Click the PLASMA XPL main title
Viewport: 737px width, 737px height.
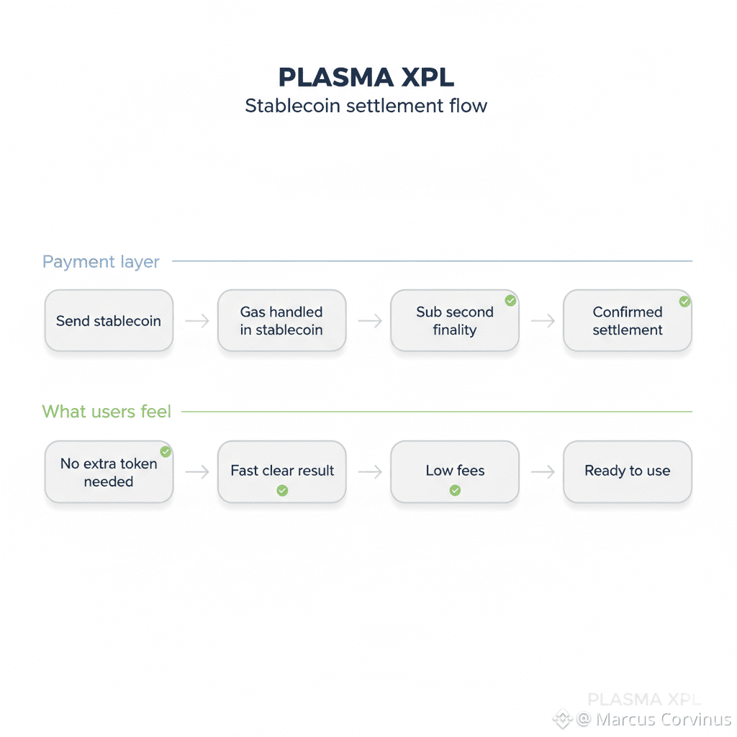[x=366, y=77]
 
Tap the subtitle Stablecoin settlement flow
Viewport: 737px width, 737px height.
[x=366, y=106]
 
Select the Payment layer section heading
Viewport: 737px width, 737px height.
[x=101, y=262]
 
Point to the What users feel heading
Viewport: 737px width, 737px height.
[x=107, y=412]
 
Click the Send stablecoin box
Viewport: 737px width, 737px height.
[x=109, y=321]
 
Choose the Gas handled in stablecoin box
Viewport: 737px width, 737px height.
[x=281, y=321]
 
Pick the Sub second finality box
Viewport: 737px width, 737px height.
[x=454, y=321]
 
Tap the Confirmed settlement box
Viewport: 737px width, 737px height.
[x=627, y=321]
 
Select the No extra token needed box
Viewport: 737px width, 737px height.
[x=109, y=472]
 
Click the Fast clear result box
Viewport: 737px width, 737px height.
[x=282, y=471]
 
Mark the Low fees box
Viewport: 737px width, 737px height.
[x=455, y=471]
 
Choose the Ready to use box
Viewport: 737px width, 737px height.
[x=627, y=471]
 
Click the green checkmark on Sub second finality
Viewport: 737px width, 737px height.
[x=510, y=300]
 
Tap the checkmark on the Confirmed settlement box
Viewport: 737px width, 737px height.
[x=684, y=302]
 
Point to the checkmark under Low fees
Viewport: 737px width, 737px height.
[x=455, y=490]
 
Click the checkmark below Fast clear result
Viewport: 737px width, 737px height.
[x=282, y=490]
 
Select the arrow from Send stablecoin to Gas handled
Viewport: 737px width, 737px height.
[x=196, y=321]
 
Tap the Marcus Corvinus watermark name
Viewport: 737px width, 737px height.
[x=663, y=719]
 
